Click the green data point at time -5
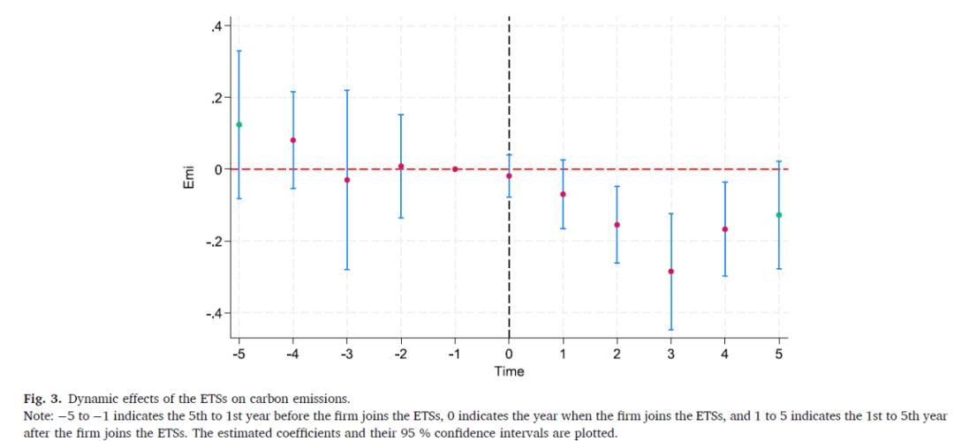point(239,124)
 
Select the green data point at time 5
point(778,215)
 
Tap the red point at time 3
point(670,272)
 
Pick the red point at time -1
point(455,168)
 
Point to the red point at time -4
point(293,140)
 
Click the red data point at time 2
point(617,225)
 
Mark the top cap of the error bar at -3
point(347,91)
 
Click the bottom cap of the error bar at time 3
point(670,330)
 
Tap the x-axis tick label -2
point(399,354)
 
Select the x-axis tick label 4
point(724,354)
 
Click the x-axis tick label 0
point(509,354)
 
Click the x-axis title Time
point(509,371)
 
